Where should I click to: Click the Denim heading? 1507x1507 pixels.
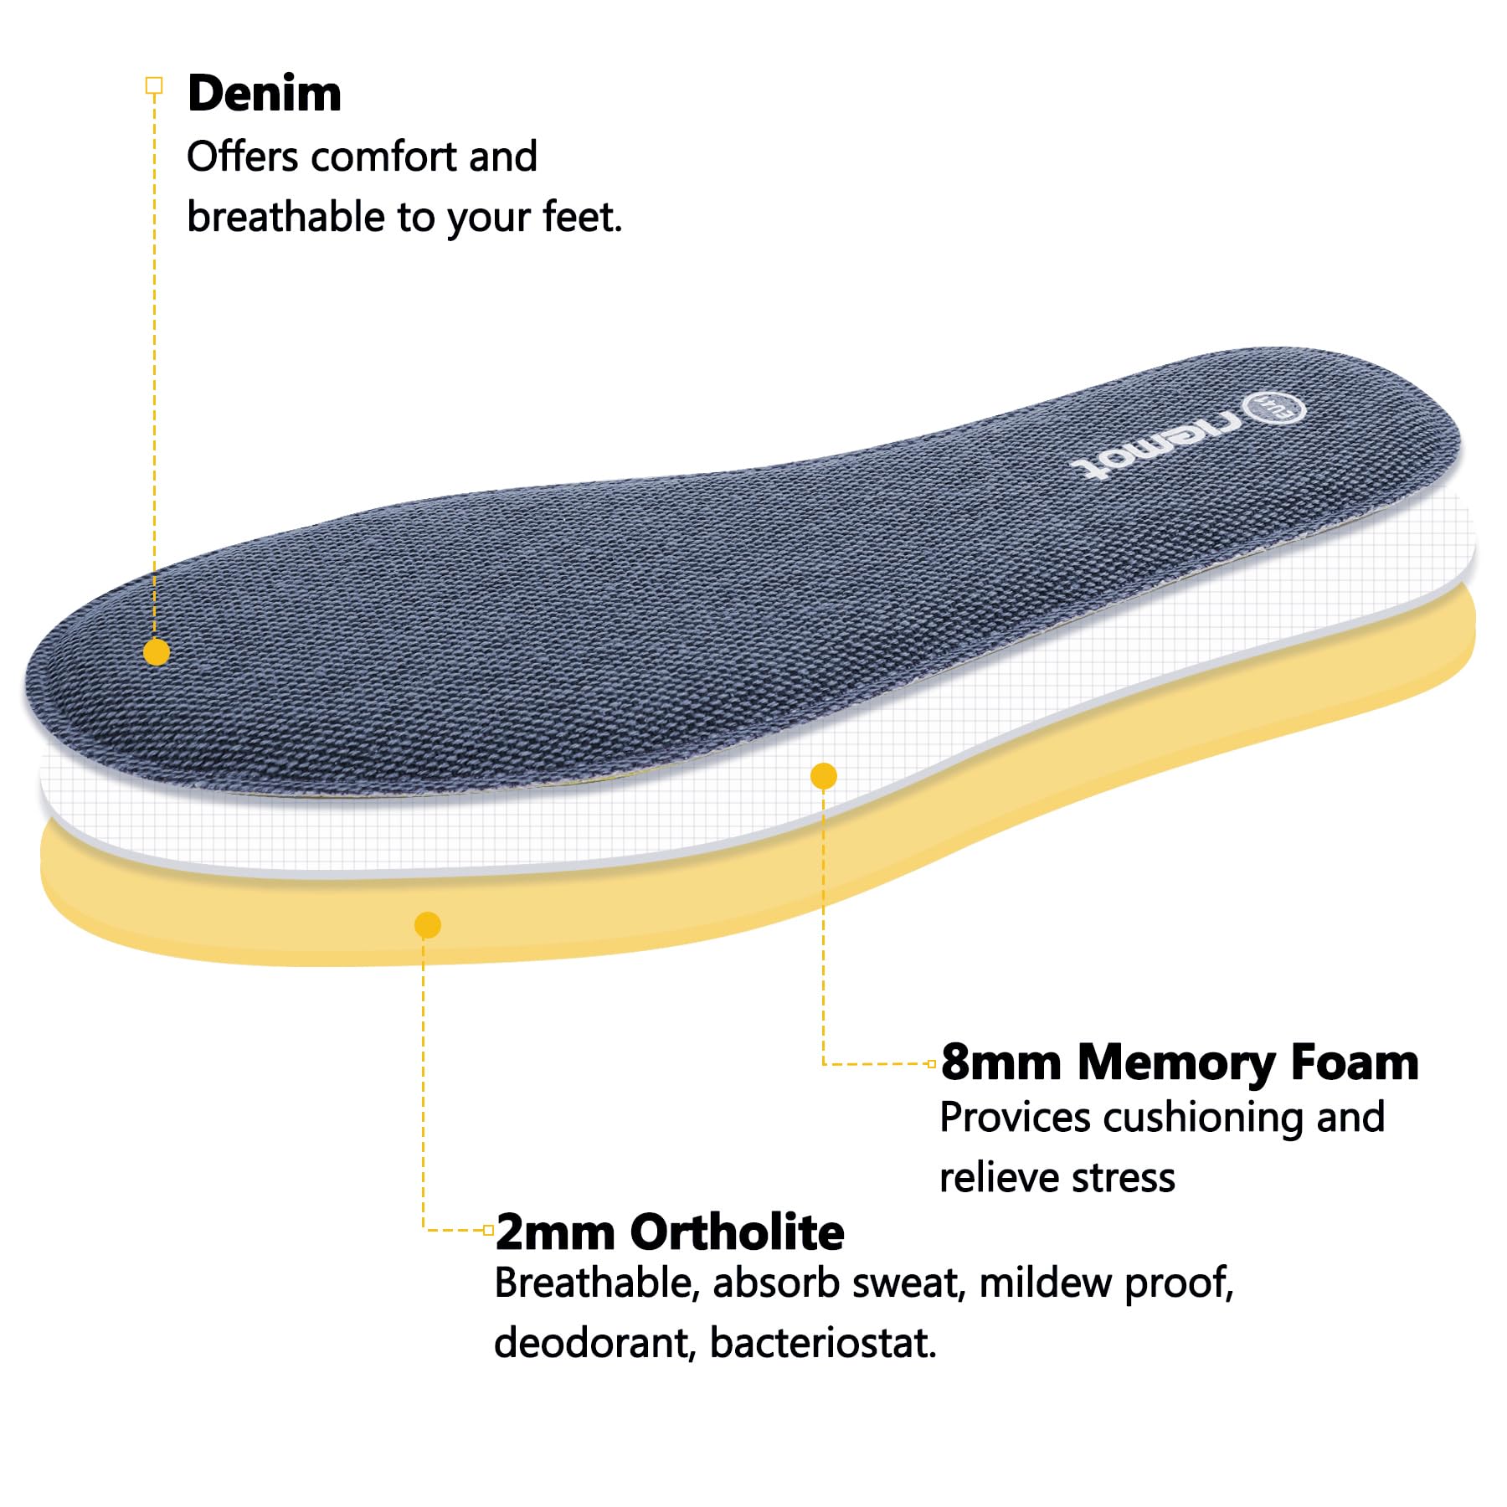point(265,93)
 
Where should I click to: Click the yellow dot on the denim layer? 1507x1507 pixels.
point(157,651)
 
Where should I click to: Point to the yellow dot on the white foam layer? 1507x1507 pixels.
point(824,776)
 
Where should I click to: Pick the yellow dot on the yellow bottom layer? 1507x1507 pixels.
point(428,925)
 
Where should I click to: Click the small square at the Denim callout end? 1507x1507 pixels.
point(154,85)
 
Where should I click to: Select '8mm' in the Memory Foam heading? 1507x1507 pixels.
point(1001,1062)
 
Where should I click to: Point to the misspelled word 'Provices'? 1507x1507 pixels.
point(1015,1118)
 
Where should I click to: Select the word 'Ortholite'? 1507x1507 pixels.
point(737,1232)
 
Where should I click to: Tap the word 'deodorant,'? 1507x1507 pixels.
point(595,1344)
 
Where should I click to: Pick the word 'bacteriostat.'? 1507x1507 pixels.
point(823,1344)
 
